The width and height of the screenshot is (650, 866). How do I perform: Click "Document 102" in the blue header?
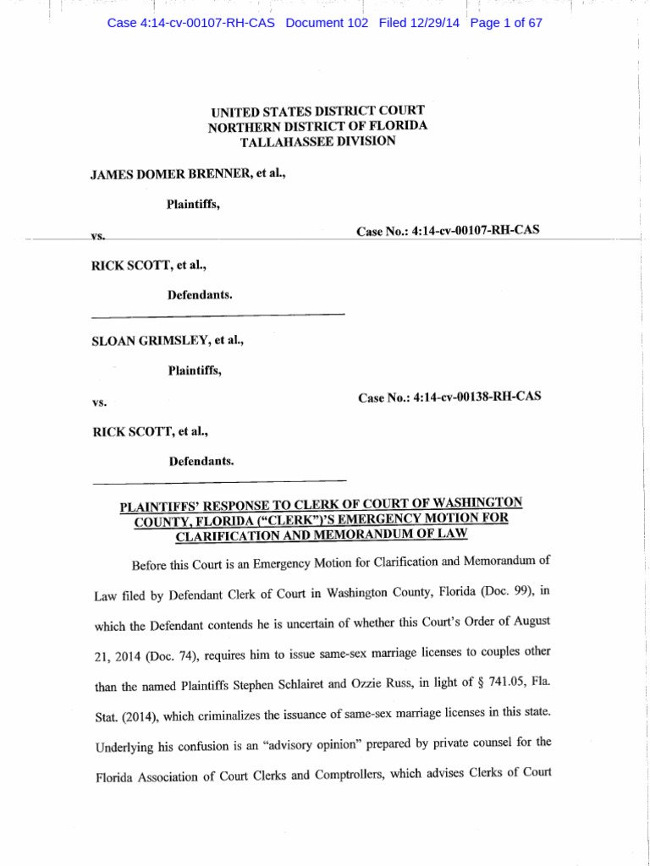pos(327,23)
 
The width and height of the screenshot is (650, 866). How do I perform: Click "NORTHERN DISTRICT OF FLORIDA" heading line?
pos(318,126)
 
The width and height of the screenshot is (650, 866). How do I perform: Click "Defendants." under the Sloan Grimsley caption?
pos(201,461)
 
